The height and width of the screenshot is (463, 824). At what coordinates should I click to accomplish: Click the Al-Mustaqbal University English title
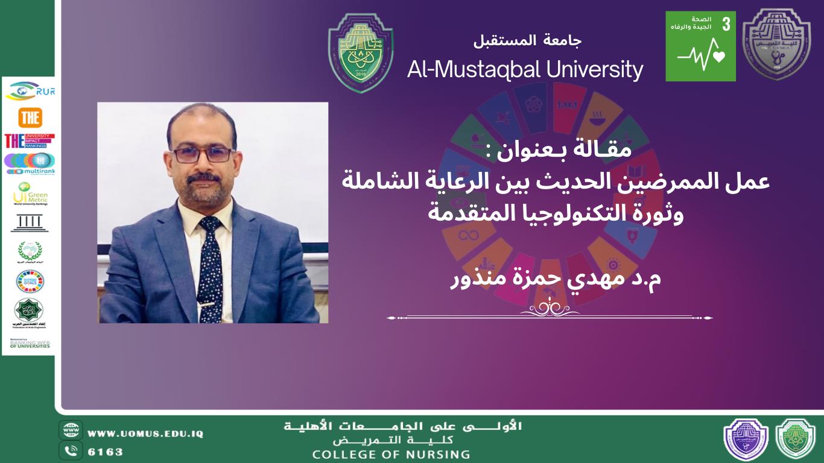pyautogui.click(x=525, y=70)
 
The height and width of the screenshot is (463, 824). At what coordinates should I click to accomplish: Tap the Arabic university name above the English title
pyautogui.click(x=527, y=41)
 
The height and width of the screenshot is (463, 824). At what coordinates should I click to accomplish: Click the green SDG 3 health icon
pyautogui.click(x=700, y=46)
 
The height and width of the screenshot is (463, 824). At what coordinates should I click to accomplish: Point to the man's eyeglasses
pyautogui.click(x=202, y=154)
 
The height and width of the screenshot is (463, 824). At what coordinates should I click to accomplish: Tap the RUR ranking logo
pyautogui.click(x=30, y=90)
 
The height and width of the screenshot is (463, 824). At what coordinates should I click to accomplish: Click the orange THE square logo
pyautogui.click(x=30, y=118)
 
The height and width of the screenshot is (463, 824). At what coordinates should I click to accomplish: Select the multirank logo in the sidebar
pyautogui.click(x=30, y=163)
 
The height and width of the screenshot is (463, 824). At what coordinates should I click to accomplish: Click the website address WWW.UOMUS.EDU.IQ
pyautogui.click(x=145, y=433)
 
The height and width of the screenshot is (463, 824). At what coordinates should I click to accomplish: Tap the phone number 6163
pyautogui.click(x=106, y=452)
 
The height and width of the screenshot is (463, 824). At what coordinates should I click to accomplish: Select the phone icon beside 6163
pyautogui.click(x=71, y=450)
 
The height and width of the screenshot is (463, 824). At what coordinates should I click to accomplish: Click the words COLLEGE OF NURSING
pyautogui.click(x=390, y=454)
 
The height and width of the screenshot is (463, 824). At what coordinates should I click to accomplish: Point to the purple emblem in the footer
pyautogui.click(x=746, y=439)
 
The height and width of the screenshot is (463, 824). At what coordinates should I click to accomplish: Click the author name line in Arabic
pyautogui.click(x=556, y=280)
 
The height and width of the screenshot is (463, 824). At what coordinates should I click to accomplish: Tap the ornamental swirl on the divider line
pyautogui.click(x=550, y=308)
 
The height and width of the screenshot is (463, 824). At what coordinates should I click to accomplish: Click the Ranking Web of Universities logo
pyautogui.click(x=30, y=344)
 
